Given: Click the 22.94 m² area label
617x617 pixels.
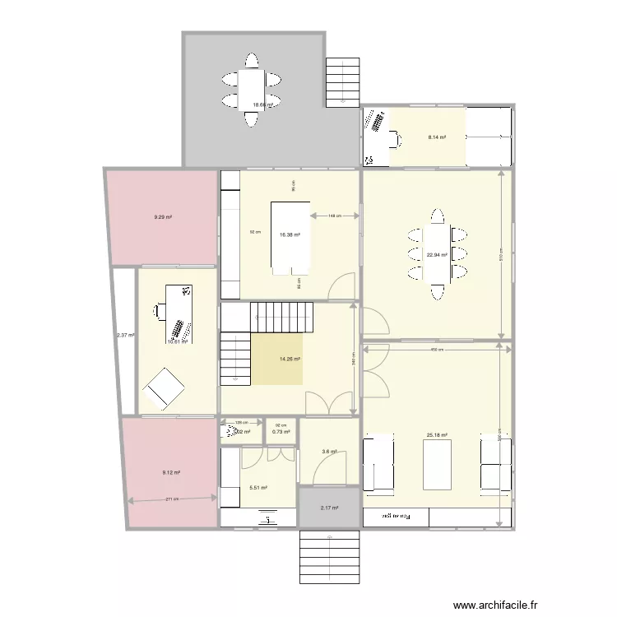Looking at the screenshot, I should point(437,255).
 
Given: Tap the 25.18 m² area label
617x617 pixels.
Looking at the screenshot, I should point(436,435).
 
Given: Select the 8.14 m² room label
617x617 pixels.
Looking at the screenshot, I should point(436,137).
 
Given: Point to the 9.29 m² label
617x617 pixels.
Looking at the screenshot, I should point(162,217).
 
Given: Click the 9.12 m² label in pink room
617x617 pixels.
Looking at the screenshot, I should point(171,472).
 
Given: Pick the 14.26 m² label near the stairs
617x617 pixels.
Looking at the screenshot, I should point(290,359).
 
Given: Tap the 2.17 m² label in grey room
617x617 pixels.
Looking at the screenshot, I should point(330,508).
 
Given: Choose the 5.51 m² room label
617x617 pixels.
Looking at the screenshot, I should point(257,488).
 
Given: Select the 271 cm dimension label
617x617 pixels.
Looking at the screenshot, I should point(172,499).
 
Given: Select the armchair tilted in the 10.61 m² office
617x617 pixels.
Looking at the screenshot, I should point(164,387).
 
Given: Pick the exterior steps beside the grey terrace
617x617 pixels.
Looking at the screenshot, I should point(343,82).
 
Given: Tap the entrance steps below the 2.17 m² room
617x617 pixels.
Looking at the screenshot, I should point(329,554).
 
